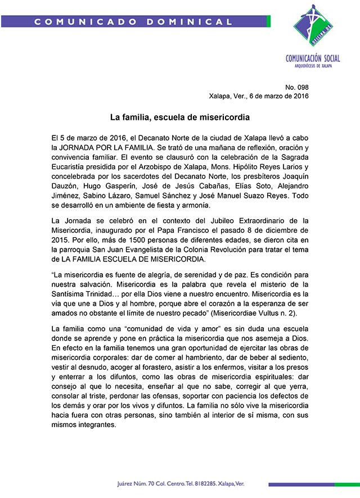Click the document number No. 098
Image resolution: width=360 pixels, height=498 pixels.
coord(297,87)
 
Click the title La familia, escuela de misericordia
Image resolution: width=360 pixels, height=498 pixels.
coord(179,118)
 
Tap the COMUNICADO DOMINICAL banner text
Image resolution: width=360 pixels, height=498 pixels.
coord(133,22)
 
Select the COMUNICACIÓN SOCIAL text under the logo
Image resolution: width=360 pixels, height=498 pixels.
coord(312,58)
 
